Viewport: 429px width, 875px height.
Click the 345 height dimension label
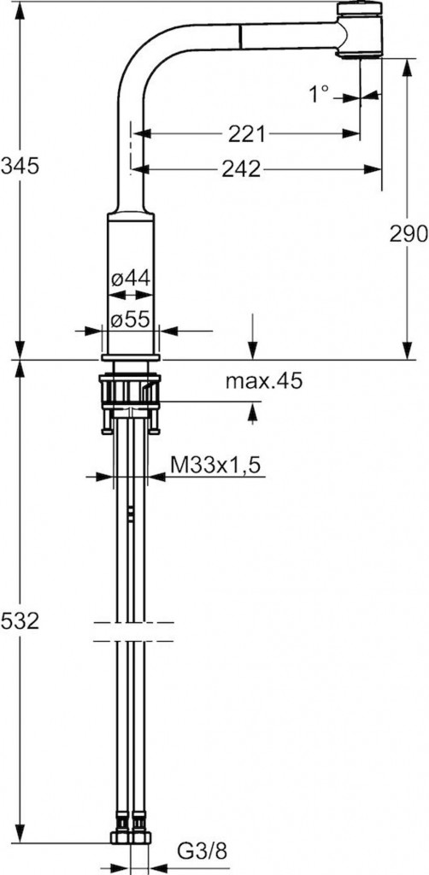[x=21, y=166]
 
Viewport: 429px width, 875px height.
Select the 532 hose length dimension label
[x=21, y=620]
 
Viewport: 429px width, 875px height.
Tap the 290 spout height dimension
[x=408, y=234]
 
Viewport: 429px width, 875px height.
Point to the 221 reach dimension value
[x=247, y=133]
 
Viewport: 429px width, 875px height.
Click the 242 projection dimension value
[x=241, y=169]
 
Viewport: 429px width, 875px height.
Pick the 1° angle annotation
[x=320, y=94]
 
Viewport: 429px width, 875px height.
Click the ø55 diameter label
[x=130, y=320]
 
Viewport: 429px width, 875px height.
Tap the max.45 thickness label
[x=263, y=381]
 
